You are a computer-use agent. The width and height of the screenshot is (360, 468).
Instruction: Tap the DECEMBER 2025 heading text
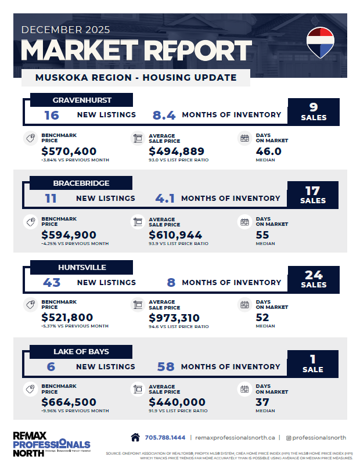66,29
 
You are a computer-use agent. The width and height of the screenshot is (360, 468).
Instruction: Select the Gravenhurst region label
82,100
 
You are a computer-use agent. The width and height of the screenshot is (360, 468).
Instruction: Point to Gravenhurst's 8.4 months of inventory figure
164,115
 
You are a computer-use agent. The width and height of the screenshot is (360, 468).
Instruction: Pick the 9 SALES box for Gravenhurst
314,111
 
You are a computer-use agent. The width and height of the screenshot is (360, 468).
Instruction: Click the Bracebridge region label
81,183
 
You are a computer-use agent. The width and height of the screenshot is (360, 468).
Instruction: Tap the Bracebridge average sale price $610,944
175,235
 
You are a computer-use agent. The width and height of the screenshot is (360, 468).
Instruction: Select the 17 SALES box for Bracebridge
313,195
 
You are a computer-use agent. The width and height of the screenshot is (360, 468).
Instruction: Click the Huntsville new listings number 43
52,282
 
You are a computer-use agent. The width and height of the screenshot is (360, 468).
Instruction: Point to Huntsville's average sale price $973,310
174,318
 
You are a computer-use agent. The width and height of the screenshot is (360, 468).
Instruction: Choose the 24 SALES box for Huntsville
313,279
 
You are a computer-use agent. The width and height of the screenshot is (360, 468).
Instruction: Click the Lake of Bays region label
81,351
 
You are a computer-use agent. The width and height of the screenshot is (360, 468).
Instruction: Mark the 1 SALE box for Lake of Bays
313,363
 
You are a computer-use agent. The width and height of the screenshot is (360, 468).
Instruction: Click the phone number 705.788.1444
165,437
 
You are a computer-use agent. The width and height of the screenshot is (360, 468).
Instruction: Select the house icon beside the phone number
135,437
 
